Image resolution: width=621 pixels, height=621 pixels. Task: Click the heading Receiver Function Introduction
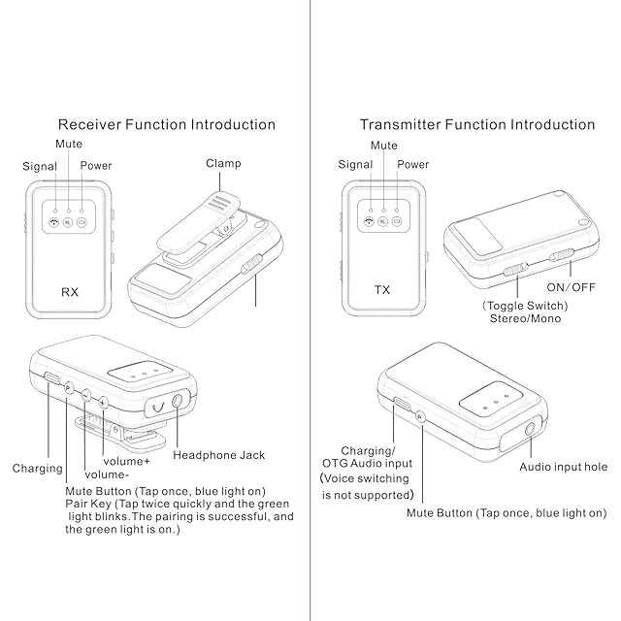coord(167,124)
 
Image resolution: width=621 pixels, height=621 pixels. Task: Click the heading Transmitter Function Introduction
coord(477,124)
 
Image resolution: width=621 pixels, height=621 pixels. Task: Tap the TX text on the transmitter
coord(382,290)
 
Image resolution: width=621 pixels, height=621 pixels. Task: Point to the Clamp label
coord(223,164)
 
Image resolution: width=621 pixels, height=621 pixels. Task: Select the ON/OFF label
coord(571,288)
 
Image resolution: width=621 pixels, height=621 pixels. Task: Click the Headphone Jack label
coord(218,454)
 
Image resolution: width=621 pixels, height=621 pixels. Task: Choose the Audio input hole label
coord(564,467)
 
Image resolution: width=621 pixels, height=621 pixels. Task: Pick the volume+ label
coord(126,461)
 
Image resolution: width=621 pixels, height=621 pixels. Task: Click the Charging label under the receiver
coord(38,468)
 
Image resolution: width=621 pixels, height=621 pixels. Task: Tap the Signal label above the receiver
coord(40,166)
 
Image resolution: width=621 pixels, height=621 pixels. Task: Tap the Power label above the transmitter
coord(413,165)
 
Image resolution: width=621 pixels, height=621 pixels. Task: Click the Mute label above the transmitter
coord(384,146)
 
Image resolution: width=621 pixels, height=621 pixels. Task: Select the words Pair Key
coord(86,505)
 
